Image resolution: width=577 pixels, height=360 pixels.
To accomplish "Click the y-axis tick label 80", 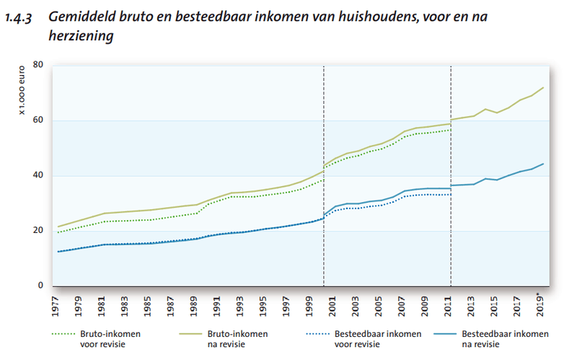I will coord(38,66).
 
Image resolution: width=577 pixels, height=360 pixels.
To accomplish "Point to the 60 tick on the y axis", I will coord(38,120).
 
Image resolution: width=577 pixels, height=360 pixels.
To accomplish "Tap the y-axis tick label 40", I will coord(38,176).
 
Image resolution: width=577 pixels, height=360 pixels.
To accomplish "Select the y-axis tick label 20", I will coord(38,231).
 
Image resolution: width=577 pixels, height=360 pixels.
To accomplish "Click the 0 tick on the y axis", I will coord(41,286).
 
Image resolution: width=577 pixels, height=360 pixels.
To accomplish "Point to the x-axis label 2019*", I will coord(543,304).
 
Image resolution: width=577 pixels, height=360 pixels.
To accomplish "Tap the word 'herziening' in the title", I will coord(82,35).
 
